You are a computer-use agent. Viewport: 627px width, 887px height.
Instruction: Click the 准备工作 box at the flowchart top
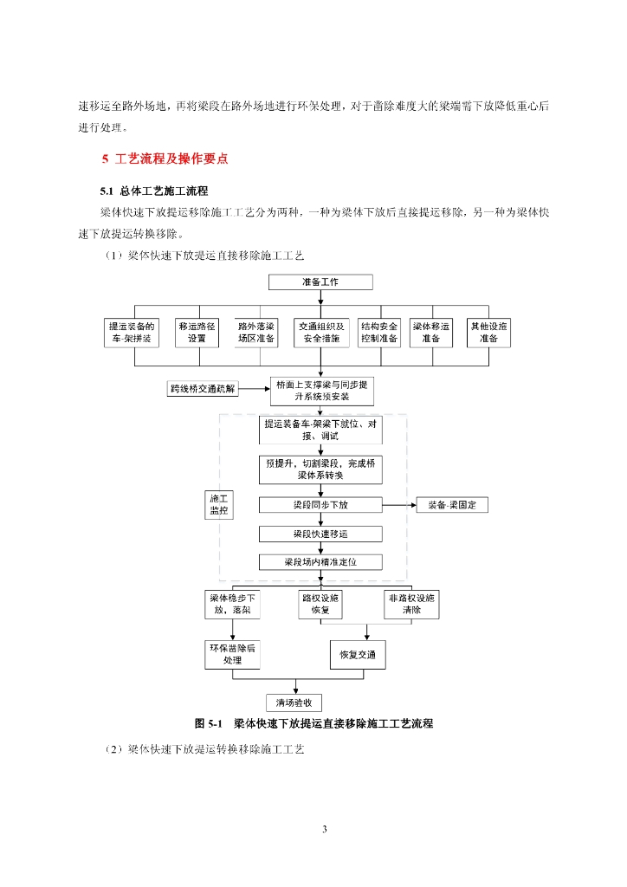coord(320,282)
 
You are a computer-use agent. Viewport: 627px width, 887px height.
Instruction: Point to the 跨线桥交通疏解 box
coord(204,390)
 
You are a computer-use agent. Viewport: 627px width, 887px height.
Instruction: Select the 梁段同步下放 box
coord(320,504)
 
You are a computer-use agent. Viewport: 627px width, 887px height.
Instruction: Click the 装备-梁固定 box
coord(452,504)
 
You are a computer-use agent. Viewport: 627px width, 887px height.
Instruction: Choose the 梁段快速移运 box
coord(320,534)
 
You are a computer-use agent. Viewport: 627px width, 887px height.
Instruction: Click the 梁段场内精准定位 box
coord(320,561)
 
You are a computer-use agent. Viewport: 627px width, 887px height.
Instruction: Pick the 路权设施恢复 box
coord(320,604)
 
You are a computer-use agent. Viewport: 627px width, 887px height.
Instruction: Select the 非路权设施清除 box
coord(411,604)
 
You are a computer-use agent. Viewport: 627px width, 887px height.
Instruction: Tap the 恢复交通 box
coord(358,654)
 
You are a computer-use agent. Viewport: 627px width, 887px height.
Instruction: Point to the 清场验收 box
coord(294,702)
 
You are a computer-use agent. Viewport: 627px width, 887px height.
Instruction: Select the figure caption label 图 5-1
coord(209,723)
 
